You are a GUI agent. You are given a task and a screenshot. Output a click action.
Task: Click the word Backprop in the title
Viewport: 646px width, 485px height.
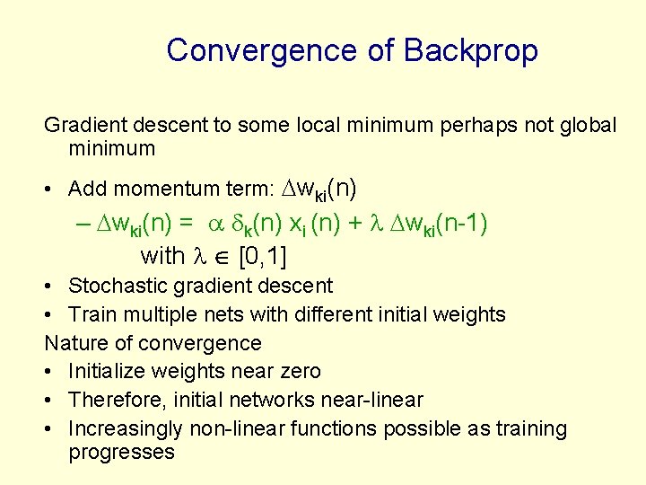point(471,51)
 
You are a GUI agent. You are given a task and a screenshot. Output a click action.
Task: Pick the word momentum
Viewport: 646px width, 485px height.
point(159,189)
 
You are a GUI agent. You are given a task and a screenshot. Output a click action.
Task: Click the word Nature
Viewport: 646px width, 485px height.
point(73,343)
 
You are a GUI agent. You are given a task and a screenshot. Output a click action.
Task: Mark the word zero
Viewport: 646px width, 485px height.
point(299,372)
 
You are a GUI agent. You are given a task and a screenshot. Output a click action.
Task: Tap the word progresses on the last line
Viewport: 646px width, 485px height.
point(121,452)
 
